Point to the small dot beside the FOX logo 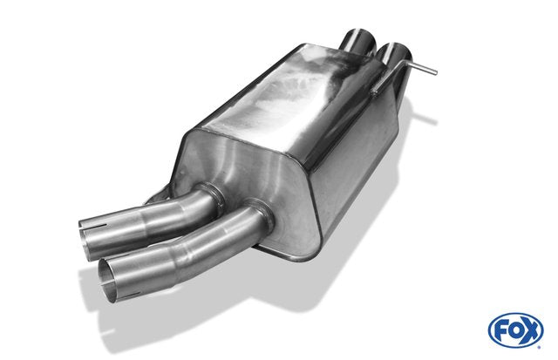point(539,347)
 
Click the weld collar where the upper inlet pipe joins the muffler point(213,197)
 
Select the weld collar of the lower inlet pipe point(262,215)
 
